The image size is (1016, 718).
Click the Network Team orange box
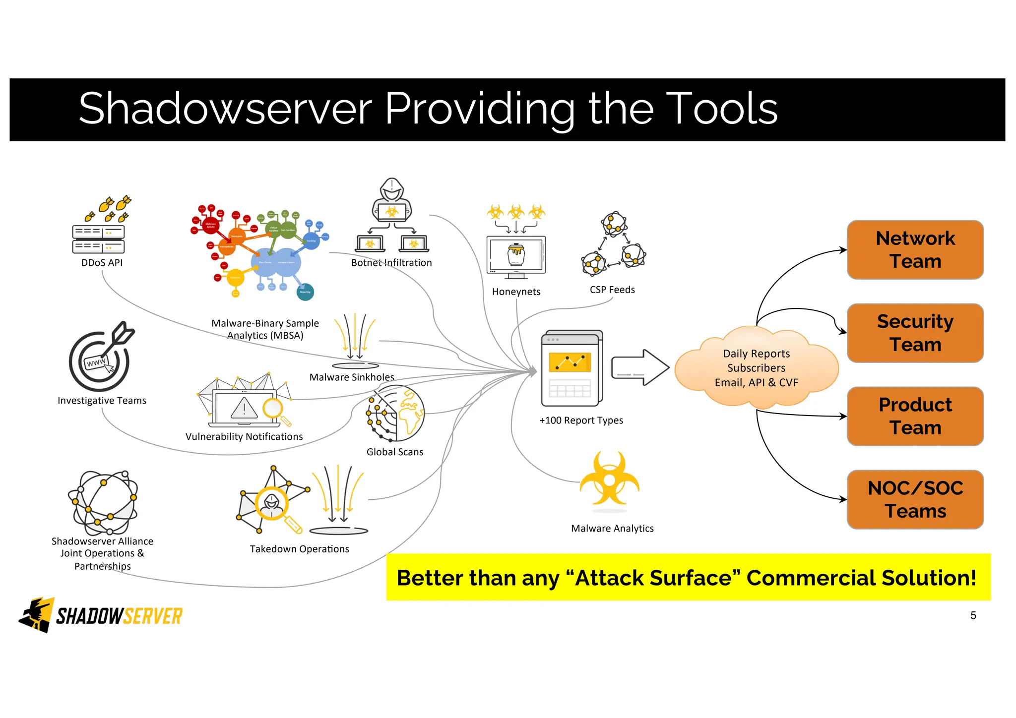pos(915,249)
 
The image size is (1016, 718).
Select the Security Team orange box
pos(915,333)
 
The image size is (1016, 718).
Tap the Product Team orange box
pos(915,416)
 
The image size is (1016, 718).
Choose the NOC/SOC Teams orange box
pos(915,499)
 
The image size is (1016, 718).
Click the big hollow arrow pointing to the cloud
pos(640,367)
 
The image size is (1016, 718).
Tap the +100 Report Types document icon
pos(572,368)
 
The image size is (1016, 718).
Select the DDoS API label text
pos(102,263)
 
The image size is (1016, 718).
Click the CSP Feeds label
pos(612,290)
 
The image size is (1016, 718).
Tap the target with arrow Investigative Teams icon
pos(101,358)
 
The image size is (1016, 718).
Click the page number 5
pos(973,615)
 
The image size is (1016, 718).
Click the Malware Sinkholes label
pos(352,377)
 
